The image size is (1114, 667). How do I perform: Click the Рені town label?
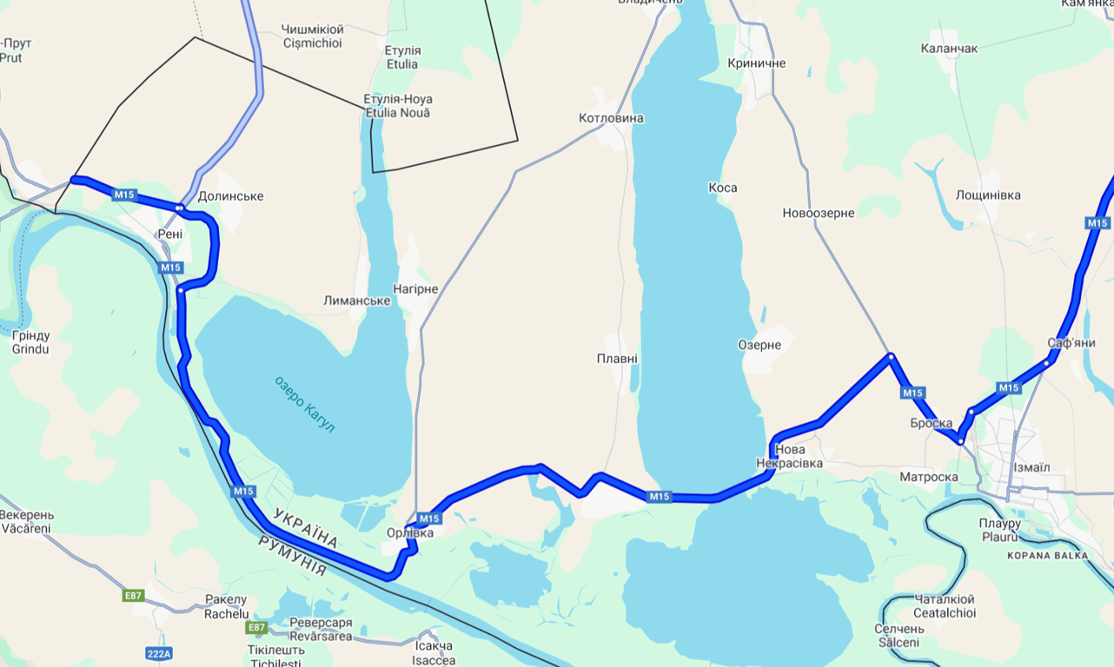pos(170,234)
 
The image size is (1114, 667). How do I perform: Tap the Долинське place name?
pos(230,196)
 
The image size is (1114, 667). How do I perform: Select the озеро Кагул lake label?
pos(304,405)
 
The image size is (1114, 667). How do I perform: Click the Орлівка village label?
pos(409,533)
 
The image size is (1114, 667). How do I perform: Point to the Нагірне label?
pos(415,289)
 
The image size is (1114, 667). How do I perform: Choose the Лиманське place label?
pos(356,300)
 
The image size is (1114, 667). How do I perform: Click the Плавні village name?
pos(617,359)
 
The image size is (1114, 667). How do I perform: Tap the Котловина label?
pos(612,118)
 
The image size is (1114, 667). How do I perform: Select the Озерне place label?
pos(759,345)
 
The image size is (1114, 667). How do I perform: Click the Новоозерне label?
pos(818,214)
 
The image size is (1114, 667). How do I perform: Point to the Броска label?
pos(932,424)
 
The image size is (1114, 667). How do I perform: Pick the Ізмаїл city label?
pos(1031,467)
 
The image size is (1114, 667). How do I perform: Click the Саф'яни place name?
pos(1071,343)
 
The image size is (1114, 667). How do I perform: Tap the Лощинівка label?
pos(988,195)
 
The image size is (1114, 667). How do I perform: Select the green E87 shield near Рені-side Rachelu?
pos(133,596)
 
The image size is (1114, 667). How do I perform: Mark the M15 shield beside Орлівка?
pos(431,518)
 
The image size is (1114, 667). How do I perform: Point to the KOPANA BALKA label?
pos(1047,555)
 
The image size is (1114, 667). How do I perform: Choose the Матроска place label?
pos(929,477)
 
